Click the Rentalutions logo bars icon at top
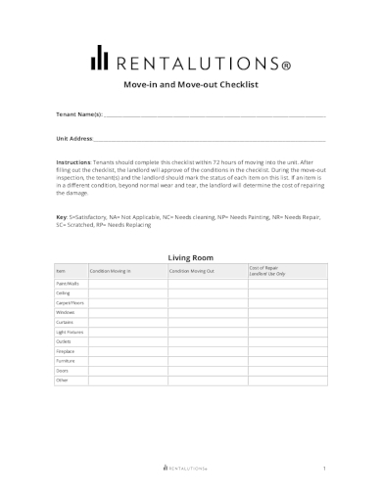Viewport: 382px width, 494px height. (99, 59)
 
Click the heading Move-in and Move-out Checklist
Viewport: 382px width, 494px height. (190, 86)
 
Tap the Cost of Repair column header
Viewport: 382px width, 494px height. (266, 269)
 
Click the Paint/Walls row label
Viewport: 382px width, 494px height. (67, 283)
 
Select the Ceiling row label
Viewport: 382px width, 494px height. (63, 292)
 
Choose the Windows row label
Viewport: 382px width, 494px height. (65, 312)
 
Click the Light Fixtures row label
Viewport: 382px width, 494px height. (69, 332)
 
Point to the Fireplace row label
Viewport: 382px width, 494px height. (65, 351)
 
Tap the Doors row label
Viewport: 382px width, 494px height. (62, 371)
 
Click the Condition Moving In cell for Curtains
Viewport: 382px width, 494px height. (127, 322)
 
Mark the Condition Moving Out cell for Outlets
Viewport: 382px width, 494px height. (207, 341)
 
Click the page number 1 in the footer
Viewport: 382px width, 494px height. (323, 470)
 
